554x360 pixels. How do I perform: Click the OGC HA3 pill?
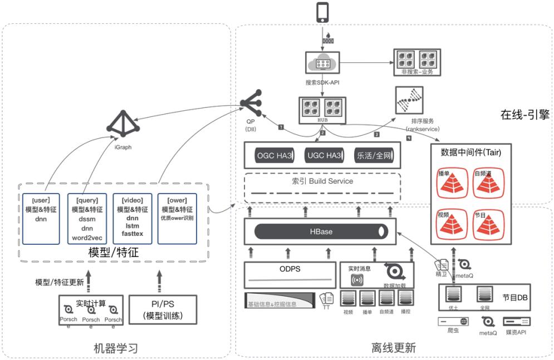coord(273,156)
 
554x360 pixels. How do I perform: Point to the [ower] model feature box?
coord(177,218)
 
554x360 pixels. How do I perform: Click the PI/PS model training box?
coord(163,310)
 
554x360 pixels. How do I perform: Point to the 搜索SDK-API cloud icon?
coord(322,64)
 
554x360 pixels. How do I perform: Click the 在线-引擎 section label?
coord(524,115)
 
